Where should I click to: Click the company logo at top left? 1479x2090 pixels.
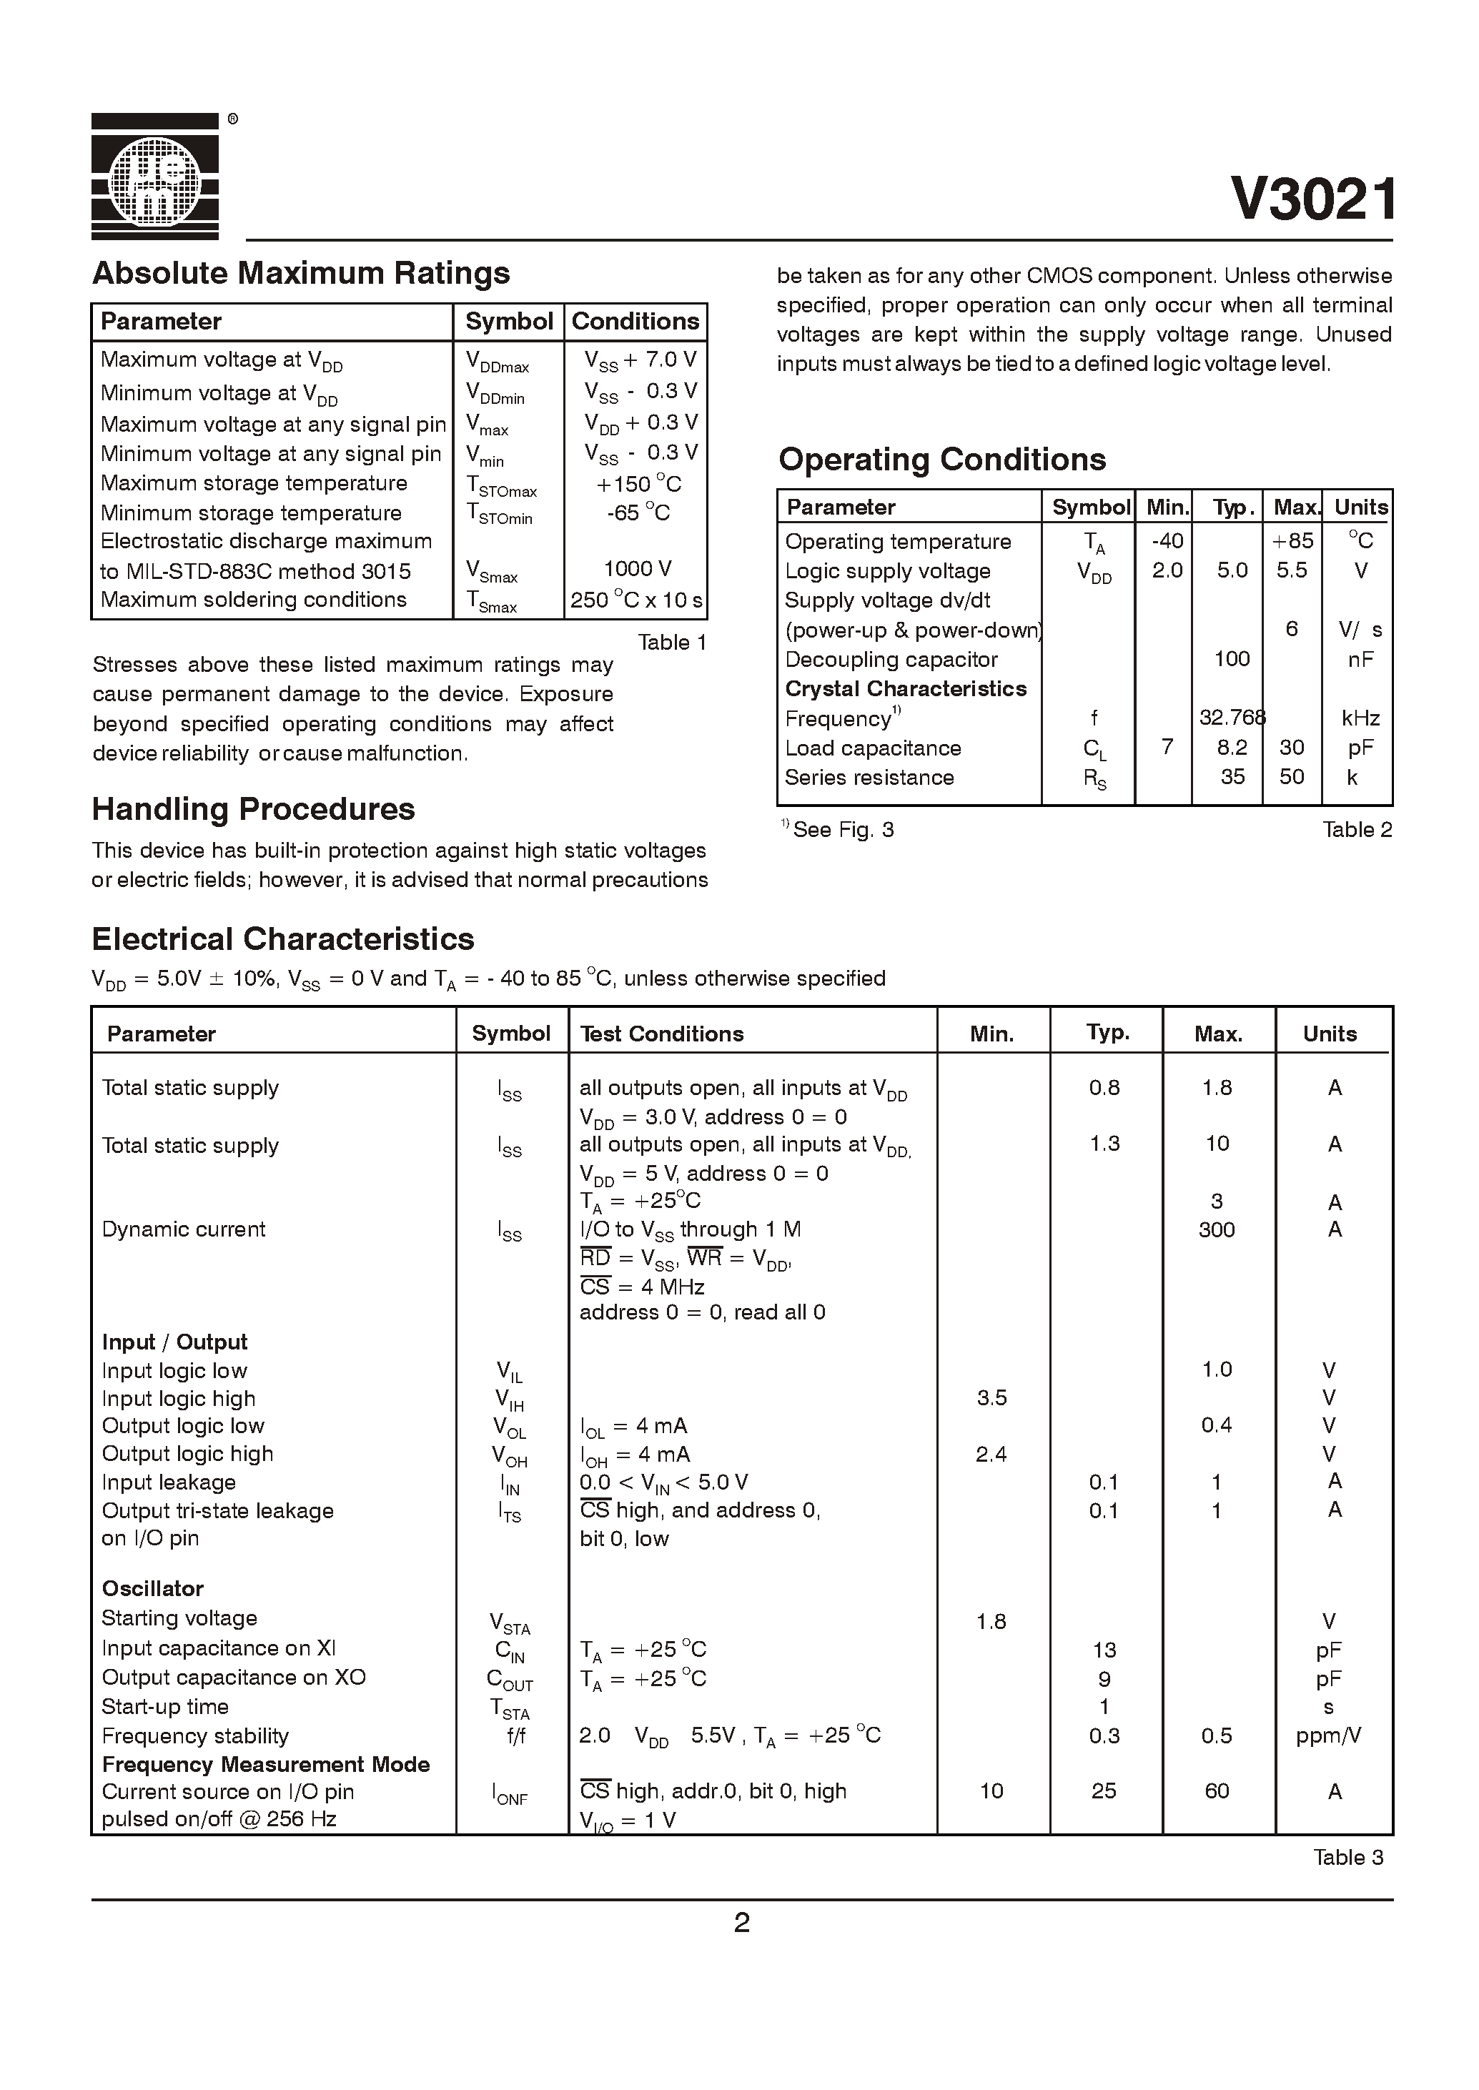[x=155, y=177]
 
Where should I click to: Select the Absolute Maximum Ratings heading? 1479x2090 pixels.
[x=300, y=273]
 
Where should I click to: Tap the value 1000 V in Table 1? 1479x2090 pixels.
[x=637, y=569]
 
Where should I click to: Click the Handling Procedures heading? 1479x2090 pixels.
[x=253, y=808]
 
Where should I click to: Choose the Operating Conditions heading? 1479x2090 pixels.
[x=941, y=460]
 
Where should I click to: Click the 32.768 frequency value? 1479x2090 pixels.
[x=1231, y=718]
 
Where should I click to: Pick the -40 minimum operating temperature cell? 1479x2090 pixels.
[x=1167, y=541]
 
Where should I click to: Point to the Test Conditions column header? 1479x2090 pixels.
[x=661, y=1034]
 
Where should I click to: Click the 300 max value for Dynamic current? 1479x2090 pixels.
[x=1217, y=1229]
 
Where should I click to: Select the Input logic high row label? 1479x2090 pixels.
[x=179, y=1399]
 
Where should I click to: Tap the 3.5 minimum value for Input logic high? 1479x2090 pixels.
[x=991, y=1398]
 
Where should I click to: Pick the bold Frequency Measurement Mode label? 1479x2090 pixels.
[x=265, y=1764]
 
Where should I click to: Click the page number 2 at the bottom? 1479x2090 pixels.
[x=741, y=1923]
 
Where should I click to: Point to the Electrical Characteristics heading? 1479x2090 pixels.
[x=282, y=939]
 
